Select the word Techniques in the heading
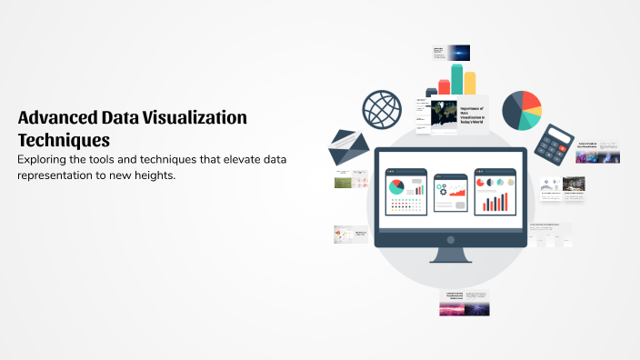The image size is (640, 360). pyautogui.click(x=64, y=140)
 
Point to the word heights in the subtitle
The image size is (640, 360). pyautogui.click(x=152, y=175)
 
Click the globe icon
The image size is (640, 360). pyautogui.click(x=383, y=109)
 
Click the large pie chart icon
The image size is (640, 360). pyautogui.click(x=522, y=111)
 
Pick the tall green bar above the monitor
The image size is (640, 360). pyautogui.click(x=456, y=78)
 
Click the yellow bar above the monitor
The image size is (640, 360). pyautogui.click(x=470, y=83)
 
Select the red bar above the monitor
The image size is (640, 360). pyautogui.click(x=444, y=86)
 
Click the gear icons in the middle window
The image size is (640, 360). pyautogui.click(x=443, y=190)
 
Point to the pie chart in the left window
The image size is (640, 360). pyautogui.click(x=396, y=186)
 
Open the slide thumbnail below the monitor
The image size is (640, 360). pyautogui.click(x=465, y=303)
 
